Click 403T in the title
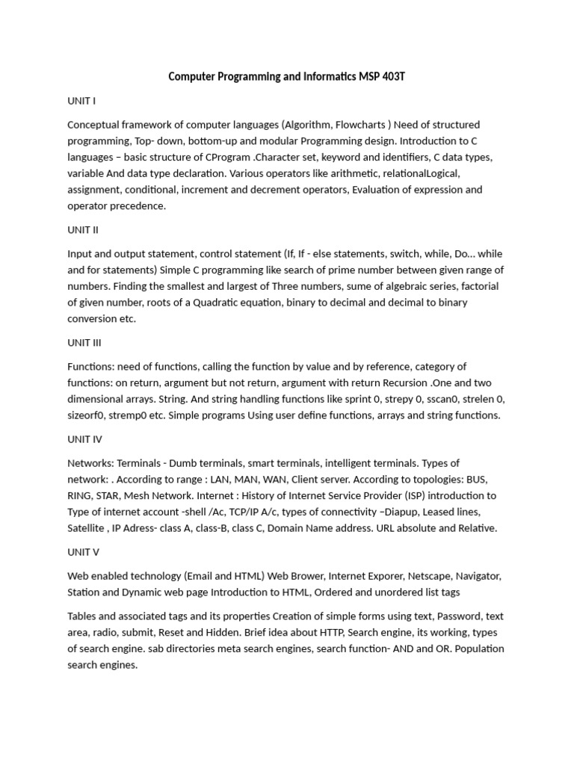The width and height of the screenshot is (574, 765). point(389,76)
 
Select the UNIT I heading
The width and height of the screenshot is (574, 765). point(81,100)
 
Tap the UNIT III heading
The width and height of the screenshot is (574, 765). point(84,343)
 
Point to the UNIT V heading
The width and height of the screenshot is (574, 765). point(83,552)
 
